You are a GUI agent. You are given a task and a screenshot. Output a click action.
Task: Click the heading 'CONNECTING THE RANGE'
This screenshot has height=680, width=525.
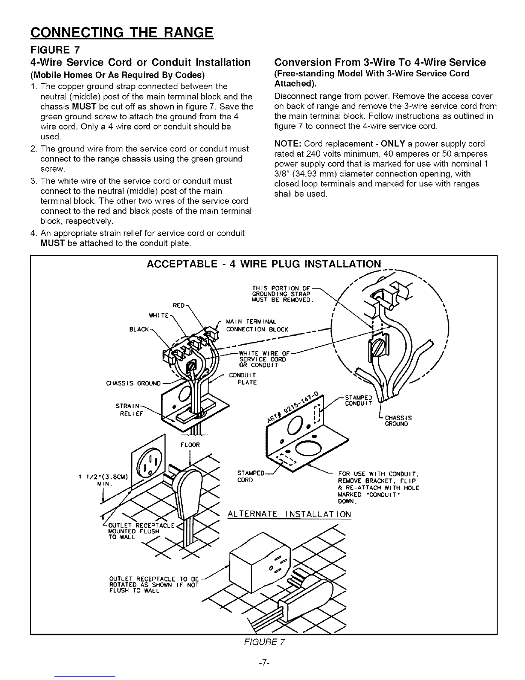pos(122,32)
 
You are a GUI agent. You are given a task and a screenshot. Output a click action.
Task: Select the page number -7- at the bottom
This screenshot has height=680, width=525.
pos(263,662)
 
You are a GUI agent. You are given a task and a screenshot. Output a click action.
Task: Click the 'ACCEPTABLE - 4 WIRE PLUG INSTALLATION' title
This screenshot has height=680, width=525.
pos(263,264)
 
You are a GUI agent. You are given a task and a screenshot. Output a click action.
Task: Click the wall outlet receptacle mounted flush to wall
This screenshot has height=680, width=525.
pos(147,464)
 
